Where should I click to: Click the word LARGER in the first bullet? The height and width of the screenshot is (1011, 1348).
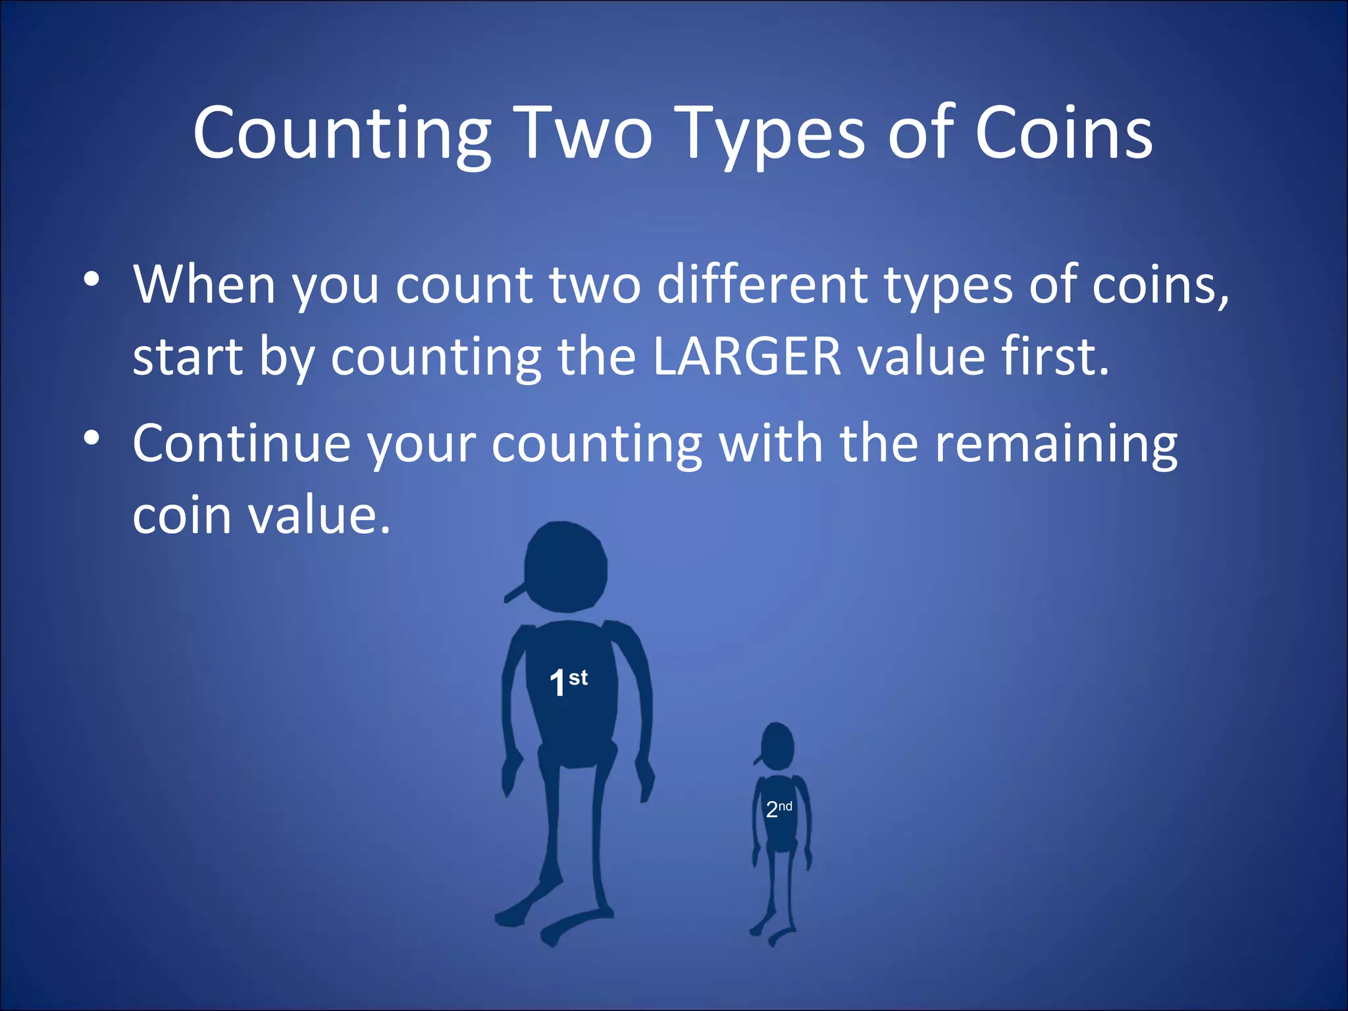747,356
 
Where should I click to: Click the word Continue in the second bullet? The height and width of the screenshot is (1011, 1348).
241,443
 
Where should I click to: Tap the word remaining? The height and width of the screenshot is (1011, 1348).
1056,443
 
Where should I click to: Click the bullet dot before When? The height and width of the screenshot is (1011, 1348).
91,279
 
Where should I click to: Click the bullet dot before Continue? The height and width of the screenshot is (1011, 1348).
91,438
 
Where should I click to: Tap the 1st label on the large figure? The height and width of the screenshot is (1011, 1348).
568,682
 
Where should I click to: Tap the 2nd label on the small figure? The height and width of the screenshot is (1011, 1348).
779,809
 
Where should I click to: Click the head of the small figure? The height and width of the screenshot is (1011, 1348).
777,746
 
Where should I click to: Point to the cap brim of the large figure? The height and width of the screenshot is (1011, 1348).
514,592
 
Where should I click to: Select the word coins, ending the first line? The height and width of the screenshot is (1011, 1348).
1160,284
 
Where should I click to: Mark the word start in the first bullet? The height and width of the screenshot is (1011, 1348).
188,356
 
